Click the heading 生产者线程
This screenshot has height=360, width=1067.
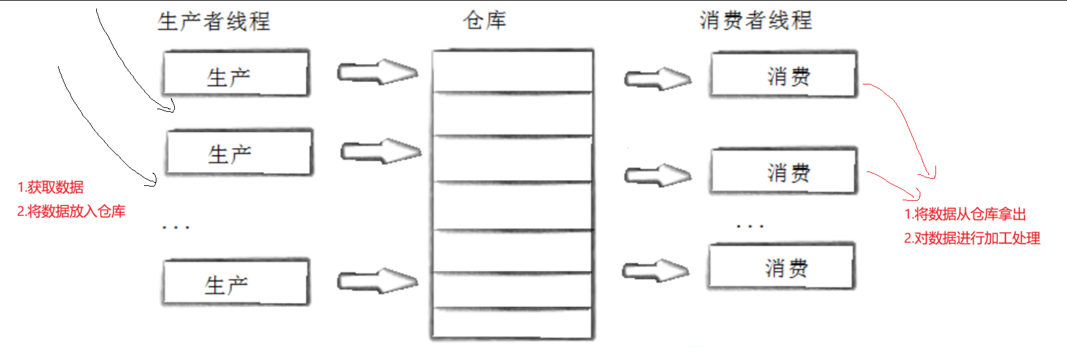(214, 21)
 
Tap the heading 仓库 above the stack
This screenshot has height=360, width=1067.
(484, 20)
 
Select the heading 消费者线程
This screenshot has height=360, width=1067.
(755, 20)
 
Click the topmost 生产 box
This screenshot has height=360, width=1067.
(236, 74)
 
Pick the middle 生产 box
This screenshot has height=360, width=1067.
(239, 153)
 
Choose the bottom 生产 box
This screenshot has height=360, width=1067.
(236, 283)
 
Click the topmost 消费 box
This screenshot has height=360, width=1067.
(784, 75)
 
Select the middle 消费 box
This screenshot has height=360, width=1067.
(784, 171)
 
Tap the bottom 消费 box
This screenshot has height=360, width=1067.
(781, 266)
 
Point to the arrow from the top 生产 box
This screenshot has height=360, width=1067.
(378, 72)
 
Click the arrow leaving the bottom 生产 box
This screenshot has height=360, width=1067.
(378, 281)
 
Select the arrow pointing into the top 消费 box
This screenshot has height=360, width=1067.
(657, 79)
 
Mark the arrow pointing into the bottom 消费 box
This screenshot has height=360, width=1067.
(655, 270)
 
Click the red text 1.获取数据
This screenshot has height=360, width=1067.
(50, 187)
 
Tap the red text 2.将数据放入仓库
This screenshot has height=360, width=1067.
(71, 211)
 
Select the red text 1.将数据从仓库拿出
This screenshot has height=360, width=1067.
(965, 214)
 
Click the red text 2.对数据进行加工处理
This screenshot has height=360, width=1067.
(972, 238)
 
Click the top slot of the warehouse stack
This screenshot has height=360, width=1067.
(513, 71)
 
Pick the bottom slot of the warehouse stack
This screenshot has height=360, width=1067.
(513, 323)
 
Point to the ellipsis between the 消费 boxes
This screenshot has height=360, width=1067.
(750, 226)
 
